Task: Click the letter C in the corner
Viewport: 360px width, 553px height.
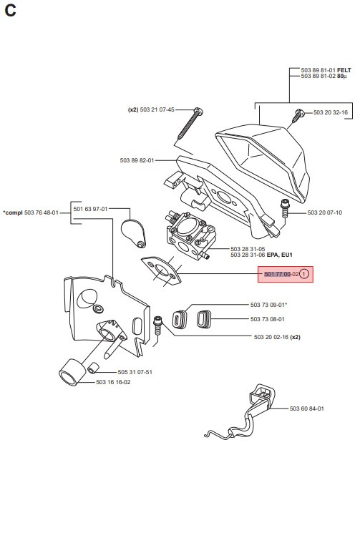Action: coord(10,11)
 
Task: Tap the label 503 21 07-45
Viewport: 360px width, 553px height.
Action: coord(157,109)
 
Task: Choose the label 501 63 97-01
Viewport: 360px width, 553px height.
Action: coord(91,209)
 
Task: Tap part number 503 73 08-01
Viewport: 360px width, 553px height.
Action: coord(268,319)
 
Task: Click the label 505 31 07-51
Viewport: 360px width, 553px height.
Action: coord(135,372)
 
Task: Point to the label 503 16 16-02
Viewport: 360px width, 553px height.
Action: coord(113,382)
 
